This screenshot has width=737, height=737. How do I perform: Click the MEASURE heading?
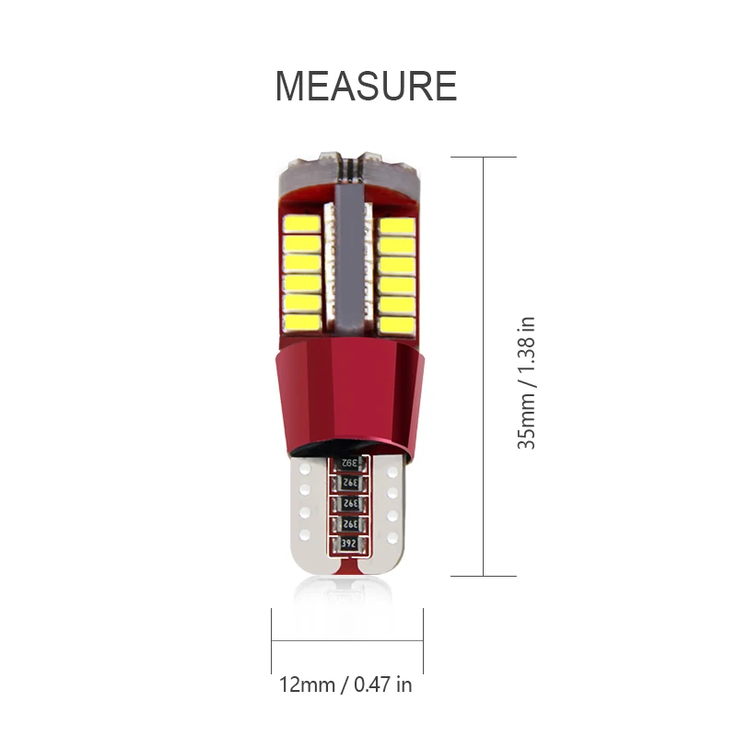click(x=366, y=86)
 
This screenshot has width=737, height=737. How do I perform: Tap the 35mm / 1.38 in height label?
click(x=527, y=382)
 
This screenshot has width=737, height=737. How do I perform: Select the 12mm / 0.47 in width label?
click(x=345, y=684)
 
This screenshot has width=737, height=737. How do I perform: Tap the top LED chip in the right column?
click(x=395, y=225)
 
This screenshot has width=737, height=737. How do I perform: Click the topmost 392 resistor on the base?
click(x=348, y=462)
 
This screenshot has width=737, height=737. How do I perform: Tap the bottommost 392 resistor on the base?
click(x=348, y=544)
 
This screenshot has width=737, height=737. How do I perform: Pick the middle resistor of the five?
click(x=348, y=504)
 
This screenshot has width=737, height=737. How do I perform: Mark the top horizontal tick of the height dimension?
click(x=483, y=158)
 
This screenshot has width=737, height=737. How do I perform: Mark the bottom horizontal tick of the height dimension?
click(x=483, y=577)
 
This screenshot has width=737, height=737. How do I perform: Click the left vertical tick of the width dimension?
click(x=272, y=639)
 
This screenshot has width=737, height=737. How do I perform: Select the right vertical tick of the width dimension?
click(x=423, y=639)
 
